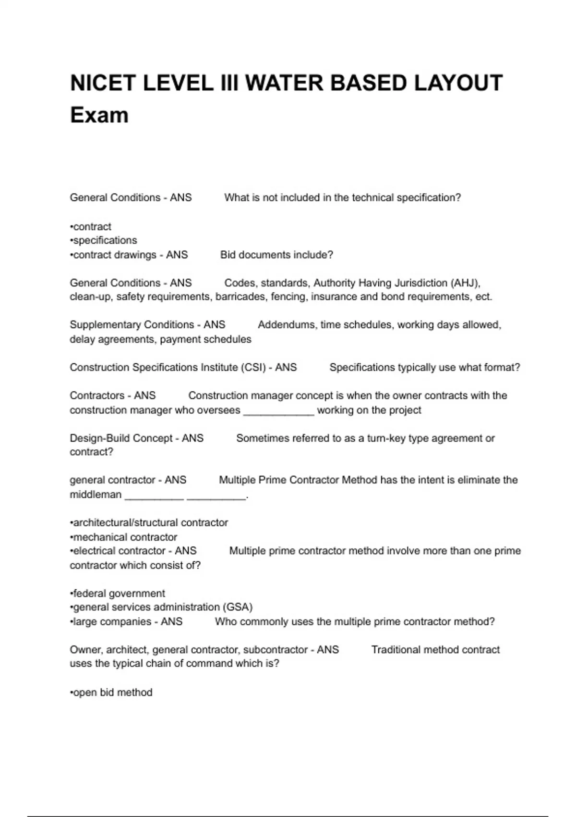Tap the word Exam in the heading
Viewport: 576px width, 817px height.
99,115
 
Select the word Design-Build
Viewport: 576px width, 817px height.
100,438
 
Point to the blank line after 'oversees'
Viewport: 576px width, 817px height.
279,410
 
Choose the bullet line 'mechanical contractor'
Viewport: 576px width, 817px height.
124,537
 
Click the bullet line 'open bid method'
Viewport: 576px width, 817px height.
111,693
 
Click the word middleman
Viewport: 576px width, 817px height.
96,495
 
